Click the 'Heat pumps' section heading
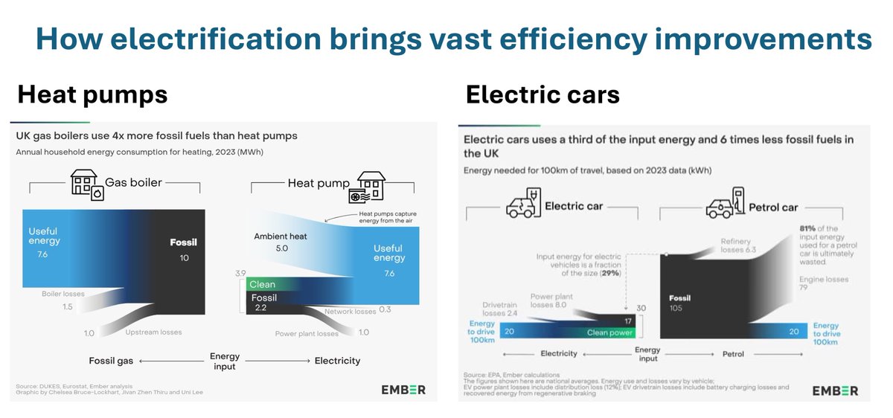[x=92, y=95]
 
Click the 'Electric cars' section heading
[x=542, y=95]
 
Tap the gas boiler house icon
[x=87, y=184]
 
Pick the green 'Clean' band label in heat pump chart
[x=263, y=284]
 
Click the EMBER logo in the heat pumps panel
[x=403, y=390]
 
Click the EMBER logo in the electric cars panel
[x=835, y=390]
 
